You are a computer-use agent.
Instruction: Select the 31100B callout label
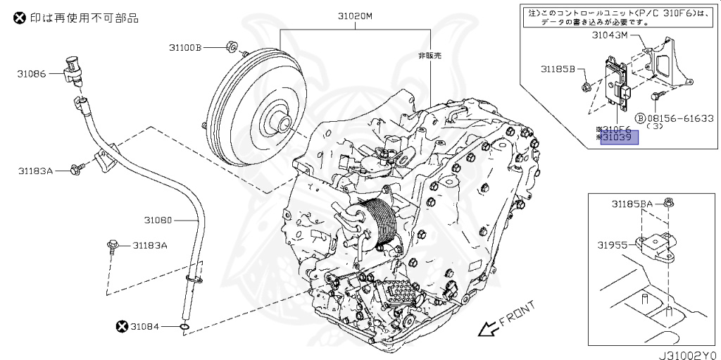point(185,48)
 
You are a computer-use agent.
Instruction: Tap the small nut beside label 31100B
point(230,48)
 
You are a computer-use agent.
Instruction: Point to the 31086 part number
point(32,73)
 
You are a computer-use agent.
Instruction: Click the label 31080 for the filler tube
point(158,220)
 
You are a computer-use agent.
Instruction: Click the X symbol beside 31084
point(122,325)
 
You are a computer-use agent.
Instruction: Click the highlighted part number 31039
point(619,138)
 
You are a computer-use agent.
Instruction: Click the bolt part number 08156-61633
point(680,118)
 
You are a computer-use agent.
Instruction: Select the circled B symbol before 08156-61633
point(640,118)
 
